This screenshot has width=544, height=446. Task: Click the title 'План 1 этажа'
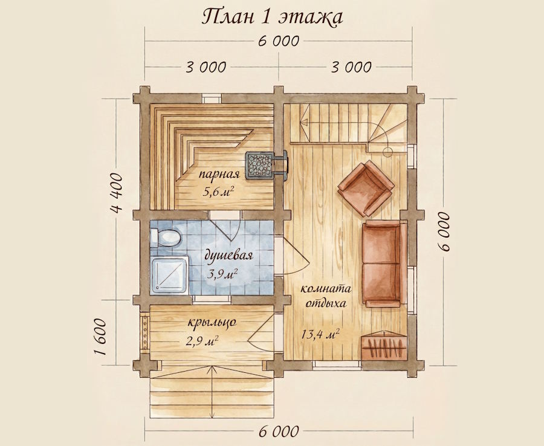coord(272,18)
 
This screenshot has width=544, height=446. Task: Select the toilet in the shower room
coord(165,238)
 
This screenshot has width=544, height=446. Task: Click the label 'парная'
coord(219,174)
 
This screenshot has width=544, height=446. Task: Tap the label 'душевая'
coord(228,256)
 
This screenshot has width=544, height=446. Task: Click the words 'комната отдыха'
coord(325,296)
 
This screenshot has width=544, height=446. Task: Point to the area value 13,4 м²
coord(320,335)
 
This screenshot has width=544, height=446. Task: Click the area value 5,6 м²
coord(218,191)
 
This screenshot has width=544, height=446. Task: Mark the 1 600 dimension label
coord(100,337)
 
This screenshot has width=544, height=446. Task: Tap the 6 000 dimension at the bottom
coord(278,431)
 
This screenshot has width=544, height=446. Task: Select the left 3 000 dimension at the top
coord(206,67)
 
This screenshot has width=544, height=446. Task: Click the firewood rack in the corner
coord(383,346)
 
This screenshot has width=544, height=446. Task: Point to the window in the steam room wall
coord(212,99)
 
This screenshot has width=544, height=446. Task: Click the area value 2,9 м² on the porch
coord(202,341)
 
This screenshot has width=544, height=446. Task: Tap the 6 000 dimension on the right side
coord(445,231)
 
